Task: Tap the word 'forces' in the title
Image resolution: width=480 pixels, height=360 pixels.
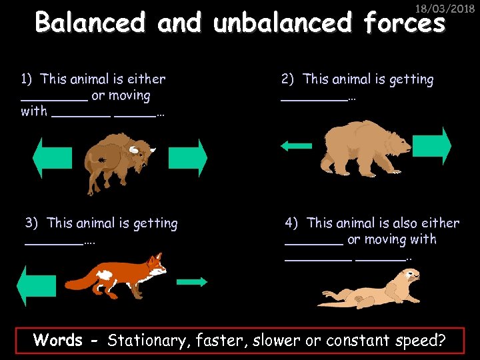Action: pos(404,23)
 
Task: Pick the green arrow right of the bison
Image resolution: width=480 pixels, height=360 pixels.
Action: pos(188,157)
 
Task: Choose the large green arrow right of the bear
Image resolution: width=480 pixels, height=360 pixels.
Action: pos(435,145)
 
